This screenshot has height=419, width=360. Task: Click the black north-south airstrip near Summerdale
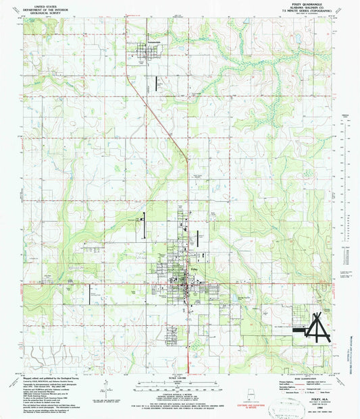tap(157, 84)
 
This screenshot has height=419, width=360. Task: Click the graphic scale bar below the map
tap(180, 387)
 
